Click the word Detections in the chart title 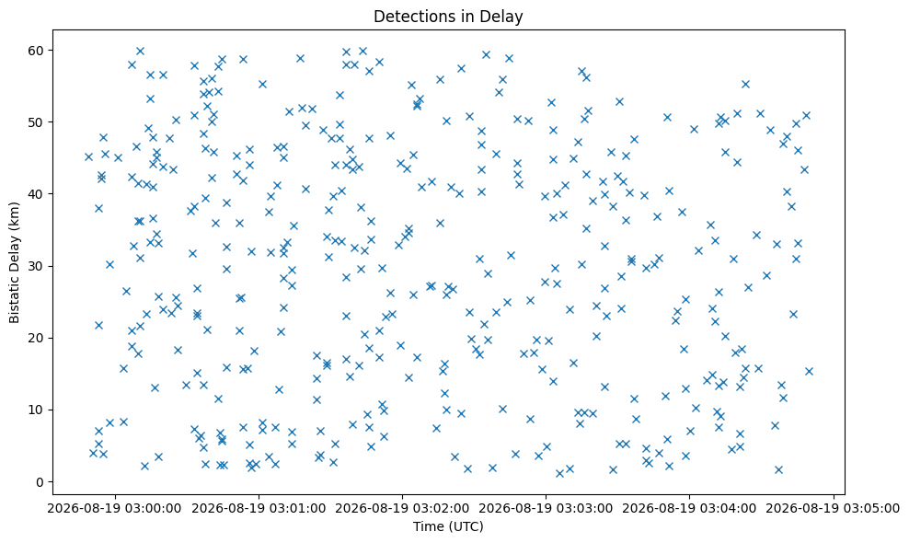(x=409, y=17)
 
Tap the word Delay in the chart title (x=504, y=17)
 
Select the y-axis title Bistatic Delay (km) (x=15, y=263)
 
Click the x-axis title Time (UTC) (x=448, y=526)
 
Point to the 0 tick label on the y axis (x=40, y=482)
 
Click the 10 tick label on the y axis (x=36, y=410)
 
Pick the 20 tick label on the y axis (x=36, y=338)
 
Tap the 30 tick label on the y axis (x=36, y=266)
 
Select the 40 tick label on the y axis (x=36, y=194)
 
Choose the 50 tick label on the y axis (x=36, y=121)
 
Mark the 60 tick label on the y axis (x=36, y=51)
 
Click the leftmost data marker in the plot (x=88, y=156)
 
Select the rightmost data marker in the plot (x=810, y=371)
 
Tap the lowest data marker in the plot (x=559, y=473)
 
